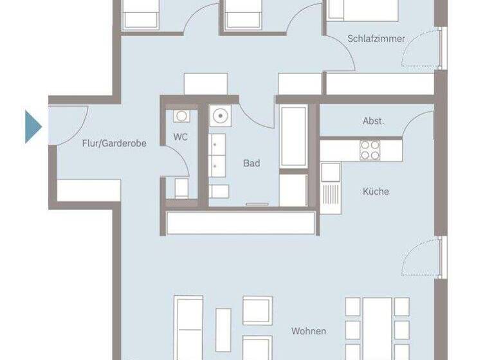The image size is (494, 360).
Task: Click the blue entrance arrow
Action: (33, 127)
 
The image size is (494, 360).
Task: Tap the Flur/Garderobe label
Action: (114, 144)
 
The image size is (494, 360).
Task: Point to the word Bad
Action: (252, 163)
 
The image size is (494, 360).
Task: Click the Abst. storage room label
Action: (373, 121)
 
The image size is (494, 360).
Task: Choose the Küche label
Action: (376, 191)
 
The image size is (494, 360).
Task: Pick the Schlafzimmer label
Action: (376, 39)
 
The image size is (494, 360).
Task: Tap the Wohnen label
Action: (308, 331)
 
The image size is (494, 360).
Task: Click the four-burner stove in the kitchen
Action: (370, 150)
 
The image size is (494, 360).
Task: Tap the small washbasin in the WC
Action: (181, 116)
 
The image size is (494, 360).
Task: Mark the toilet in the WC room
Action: (181, 188)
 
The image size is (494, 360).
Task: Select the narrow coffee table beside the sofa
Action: (223, 329)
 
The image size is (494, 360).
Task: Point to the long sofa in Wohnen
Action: (188, 325)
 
